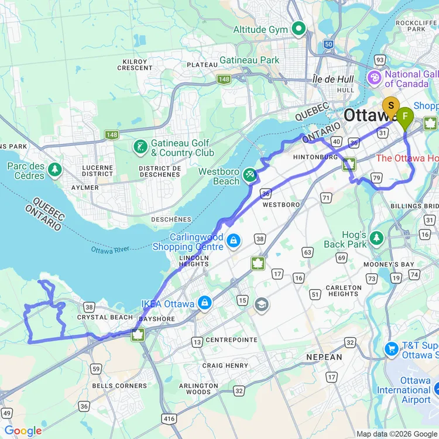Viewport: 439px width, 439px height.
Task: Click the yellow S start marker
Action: [x=390, y=106]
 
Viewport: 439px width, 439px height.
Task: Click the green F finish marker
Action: [x=405, y=116]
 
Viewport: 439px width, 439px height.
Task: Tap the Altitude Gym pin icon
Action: [x=300, y=29]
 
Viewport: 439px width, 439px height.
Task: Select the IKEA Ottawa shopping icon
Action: [x=204, y=303]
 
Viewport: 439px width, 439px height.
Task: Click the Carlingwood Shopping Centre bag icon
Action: [x=234, y=241]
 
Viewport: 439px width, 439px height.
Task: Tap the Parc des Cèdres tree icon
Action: [x=55, y=170]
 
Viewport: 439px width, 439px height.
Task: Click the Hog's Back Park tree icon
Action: [x=376, y=238]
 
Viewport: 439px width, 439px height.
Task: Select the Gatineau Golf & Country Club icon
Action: [x=140, y=146]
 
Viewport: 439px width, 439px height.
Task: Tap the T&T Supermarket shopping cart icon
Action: [x=392, y=349]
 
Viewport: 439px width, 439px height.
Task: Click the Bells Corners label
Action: [x=119, y=386]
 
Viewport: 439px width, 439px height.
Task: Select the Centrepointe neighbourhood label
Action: [x=232, y=339]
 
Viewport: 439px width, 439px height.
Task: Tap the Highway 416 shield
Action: [x=170, y=419]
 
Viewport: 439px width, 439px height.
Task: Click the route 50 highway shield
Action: [x=328, y=44]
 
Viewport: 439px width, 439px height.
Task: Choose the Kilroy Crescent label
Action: [x=135, y=64]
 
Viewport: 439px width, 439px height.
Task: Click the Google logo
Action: [x=23, y=431]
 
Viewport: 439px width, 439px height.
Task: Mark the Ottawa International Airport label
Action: [x=403, y=390]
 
